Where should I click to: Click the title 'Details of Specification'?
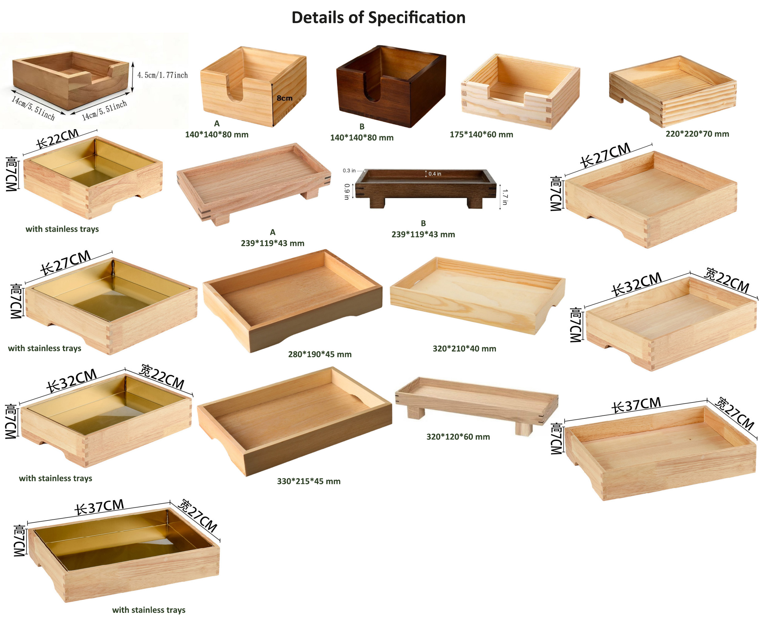pos(379,18)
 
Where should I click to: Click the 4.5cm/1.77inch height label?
pos(163,75)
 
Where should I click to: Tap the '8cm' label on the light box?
pos(284,98)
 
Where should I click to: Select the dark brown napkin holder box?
pos(391,86)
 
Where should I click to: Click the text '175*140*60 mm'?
pos(481,134)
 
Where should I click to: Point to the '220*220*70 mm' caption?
pos(697,134)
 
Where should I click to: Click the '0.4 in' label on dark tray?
pos(435,174)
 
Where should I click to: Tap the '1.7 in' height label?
pos(505,197)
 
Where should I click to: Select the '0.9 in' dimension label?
pos(347,191)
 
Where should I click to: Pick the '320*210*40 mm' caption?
pos(465,348)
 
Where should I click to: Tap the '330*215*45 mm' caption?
pos(309,481)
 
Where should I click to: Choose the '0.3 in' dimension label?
pos(349,171)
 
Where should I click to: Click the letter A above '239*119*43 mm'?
pos(273,232)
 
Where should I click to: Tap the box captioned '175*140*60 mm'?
pos(520,91)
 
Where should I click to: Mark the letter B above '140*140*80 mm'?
pos(362,126)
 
